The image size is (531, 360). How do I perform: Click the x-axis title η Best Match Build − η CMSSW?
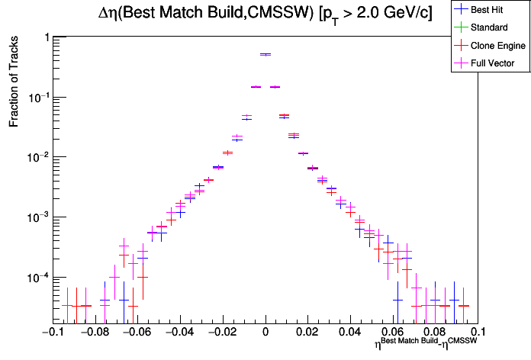pos(426,345)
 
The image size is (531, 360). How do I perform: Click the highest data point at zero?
pos(265,54)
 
